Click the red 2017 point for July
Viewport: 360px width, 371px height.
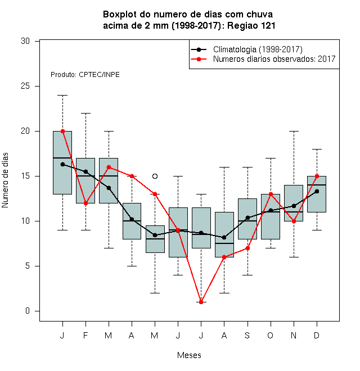click(x=201, y=302)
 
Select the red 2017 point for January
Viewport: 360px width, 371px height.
click(x=63, y=132)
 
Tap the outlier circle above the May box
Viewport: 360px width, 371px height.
click(x=155, y=177)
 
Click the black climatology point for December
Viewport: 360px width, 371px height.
click(x=317, y=192)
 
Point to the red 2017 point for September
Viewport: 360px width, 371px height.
click(x=247, y=248)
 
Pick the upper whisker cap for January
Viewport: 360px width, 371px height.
click(x=63, y=96)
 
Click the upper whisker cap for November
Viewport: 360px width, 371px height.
click(x=294, y=132)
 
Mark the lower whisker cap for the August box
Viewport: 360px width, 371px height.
click(x=224, y=293)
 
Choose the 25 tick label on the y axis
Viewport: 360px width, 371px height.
click(x=25, y=86)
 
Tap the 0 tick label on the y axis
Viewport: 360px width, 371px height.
click(x=28, y=311)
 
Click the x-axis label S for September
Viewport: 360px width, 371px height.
click(x=247, y=336)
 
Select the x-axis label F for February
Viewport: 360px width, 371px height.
click(x=85, y=336)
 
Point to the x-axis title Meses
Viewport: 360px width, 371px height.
click(x=189, y=355)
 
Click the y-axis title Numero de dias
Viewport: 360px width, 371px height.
click(x=5, y=180)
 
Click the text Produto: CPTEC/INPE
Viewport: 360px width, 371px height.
click(x=85, y=75)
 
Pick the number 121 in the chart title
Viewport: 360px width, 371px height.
click(x=268, y=25)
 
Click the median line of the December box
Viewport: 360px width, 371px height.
click(x=317, y=185)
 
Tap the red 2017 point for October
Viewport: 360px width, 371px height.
click(x=271, y=194)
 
